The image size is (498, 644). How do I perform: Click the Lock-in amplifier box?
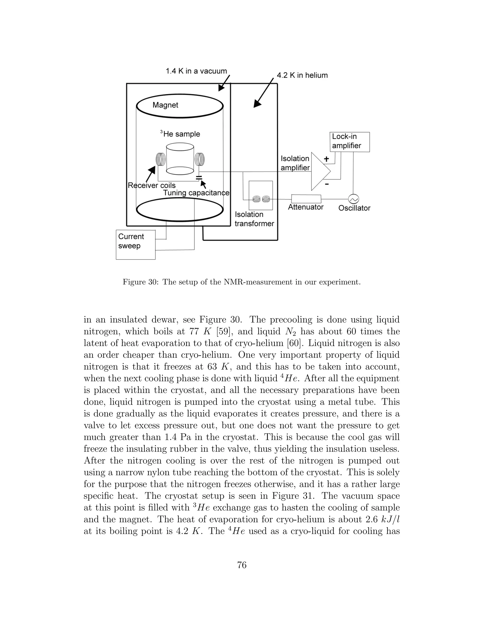pyautogui.click(x=349, y=142)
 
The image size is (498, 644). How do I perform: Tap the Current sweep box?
pyautogui.click(x=135, y=244)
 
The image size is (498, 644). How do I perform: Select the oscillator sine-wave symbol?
pyautogui.click(x=353, y=199)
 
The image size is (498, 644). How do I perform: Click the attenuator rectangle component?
pyautogui.click(x=306, y=199)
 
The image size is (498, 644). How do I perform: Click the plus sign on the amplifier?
pyautogui.click(x=326, y=159)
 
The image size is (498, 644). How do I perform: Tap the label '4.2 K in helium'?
pyautogui.click(x=302, y=76)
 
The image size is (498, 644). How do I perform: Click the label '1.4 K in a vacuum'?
pyautogui.click(x=196, y=71)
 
